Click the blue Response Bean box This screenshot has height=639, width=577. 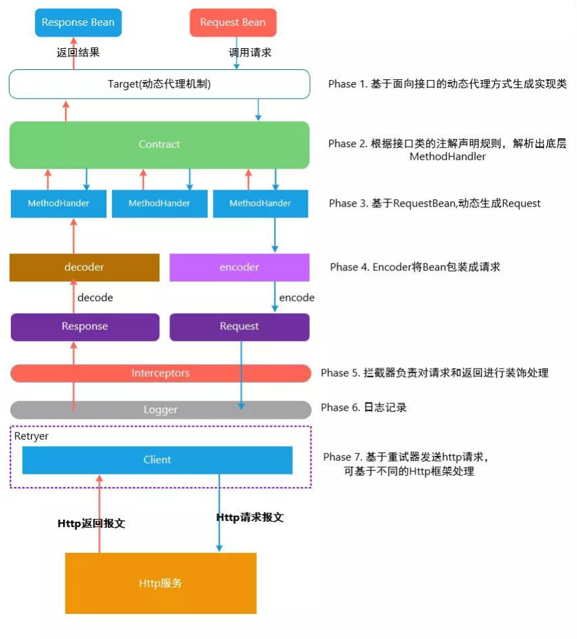point(78,22)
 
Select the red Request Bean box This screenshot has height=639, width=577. point(233,22)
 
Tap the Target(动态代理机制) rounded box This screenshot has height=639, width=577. point(159,84)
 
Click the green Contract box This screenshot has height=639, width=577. point(159,144)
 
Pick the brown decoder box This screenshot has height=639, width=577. point(84,267)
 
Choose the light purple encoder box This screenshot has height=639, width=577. point(239,267)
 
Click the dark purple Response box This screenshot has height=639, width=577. point(85,327)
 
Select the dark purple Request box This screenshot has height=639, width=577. point(239,327)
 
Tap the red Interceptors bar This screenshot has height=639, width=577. point(161,373)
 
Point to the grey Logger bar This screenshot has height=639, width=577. point(161,409)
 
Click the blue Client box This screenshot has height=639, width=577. point(157,460)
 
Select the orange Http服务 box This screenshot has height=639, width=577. point(161,583)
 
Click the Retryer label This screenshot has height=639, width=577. point(32,436)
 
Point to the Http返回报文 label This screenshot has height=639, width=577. point(91,524)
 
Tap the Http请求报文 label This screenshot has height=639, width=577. point(250,518)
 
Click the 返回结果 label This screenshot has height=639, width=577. point(78,51)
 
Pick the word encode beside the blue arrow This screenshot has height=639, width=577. point(297,297)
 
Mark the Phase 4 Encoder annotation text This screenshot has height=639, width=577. point(415,267)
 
